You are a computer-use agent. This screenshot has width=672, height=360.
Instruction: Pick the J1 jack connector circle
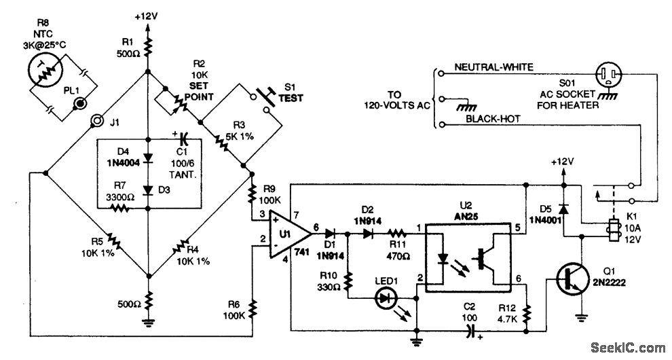(97, 123)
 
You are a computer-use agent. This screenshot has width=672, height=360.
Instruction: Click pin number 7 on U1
(296, 215)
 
